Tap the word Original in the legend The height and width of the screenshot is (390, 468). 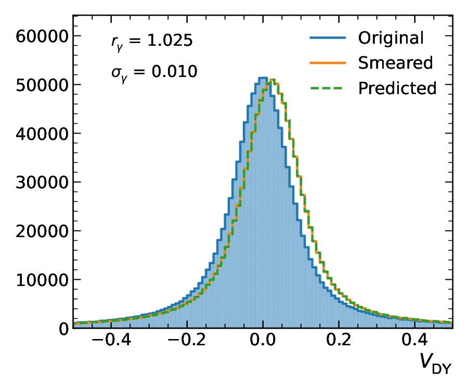pos(391,38)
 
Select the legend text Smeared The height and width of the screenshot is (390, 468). pos(395,63)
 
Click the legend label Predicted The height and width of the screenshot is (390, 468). pos(397,88)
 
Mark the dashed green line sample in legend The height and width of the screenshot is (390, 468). pos(328,88)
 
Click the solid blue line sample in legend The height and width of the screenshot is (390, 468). pos(328,38)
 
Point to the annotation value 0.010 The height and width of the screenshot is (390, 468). pos(174,71)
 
